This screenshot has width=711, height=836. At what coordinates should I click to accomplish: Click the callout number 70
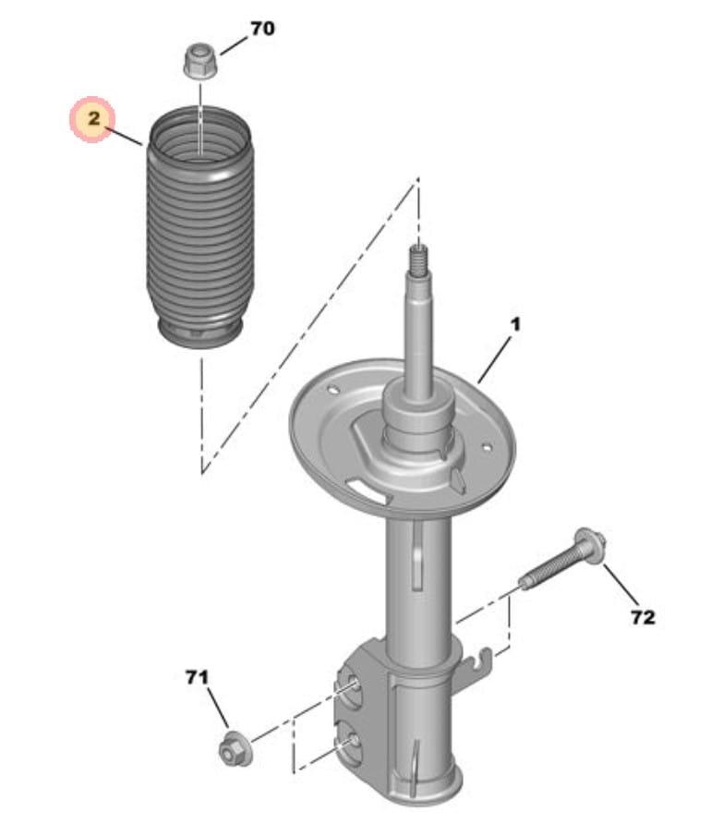[x=262, y=29]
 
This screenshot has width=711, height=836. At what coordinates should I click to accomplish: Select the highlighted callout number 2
[x=94, y=118]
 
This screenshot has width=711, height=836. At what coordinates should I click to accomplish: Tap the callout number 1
[x=515, y=324]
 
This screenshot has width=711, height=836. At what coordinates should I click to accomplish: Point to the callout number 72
[x=643, y=617]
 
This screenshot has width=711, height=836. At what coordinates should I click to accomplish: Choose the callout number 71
[x=197, y=677]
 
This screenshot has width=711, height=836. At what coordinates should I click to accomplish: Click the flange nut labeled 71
[x=235, y=748]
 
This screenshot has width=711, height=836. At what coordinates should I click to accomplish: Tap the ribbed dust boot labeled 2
[x=199, y=227]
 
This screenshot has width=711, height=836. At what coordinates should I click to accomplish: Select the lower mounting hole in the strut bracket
[x=353, y=740]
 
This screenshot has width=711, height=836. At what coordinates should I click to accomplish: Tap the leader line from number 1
[x=495, y=357]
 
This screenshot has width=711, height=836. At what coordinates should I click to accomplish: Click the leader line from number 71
[x=218, y=709]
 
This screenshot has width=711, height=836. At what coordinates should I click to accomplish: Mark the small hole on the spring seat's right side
[x=486, y=447]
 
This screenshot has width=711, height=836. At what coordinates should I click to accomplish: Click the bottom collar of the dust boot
[x=201, y=333]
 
